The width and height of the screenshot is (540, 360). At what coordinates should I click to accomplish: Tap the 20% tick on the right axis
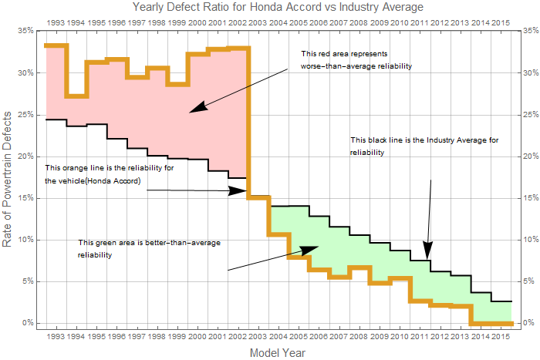(x=528, y=156)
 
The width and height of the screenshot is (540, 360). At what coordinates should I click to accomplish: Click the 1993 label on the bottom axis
(x=56, y=336)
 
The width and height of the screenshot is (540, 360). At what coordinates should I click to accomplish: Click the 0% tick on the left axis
(x=27, y=323)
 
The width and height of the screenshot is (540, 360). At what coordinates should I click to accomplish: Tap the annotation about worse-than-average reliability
(x=356, y=60)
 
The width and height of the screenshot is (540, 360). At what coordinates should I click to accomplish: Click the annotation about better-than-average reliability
(x=149, y=248)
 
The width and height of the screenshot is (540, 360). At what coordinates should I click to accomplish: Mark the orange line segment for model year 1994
(x=76, y=96)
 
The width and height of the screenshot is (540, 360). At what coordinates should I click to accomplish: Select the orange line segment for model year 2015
(x=501, y=323)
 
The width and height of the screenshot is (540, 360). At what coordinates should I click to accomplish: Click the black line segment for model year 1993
(x=56, y=119)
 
